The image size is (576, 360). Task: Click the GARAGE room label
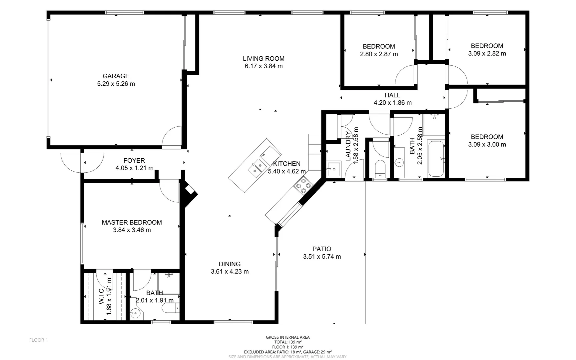click(x=116, y=76)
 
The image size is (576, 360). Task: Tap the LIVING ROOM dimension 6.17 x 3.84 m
click(x=264, y=66)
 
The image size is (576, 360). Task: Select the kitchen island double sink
click(x=257, y=167)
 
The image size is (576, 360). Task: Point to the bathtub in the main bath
click(x=436, y=159)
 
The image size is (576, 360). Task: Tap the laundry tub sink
click(x=333, y=169)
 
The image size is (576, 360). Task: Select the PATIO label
click(x=322, y=249)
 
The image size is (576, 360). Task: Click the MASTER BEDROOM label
click(x=132, y=222)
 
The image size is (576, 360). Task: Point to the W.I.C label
click(x=102, y=296)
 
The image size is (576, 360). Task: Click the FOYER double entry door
click(x=82, y=163)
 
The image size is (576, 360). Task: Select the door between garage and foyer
click(x=172, y=137)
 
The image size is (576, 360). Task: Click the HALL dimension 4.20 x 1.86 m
click(x=392, y=103)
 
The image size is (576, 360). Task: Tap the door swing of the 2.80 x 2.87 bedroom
click(x=405, y=75)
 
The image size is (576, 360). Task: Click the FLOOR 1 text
click(x=39, y=340)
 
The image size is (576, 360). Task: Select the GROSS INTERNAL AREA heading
click(x=288, y=337)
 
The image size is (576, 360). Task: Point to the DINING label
click(x=230, y=264)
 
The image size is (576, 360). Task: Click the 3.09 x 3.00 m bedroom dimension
click(x=487, y=144)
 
